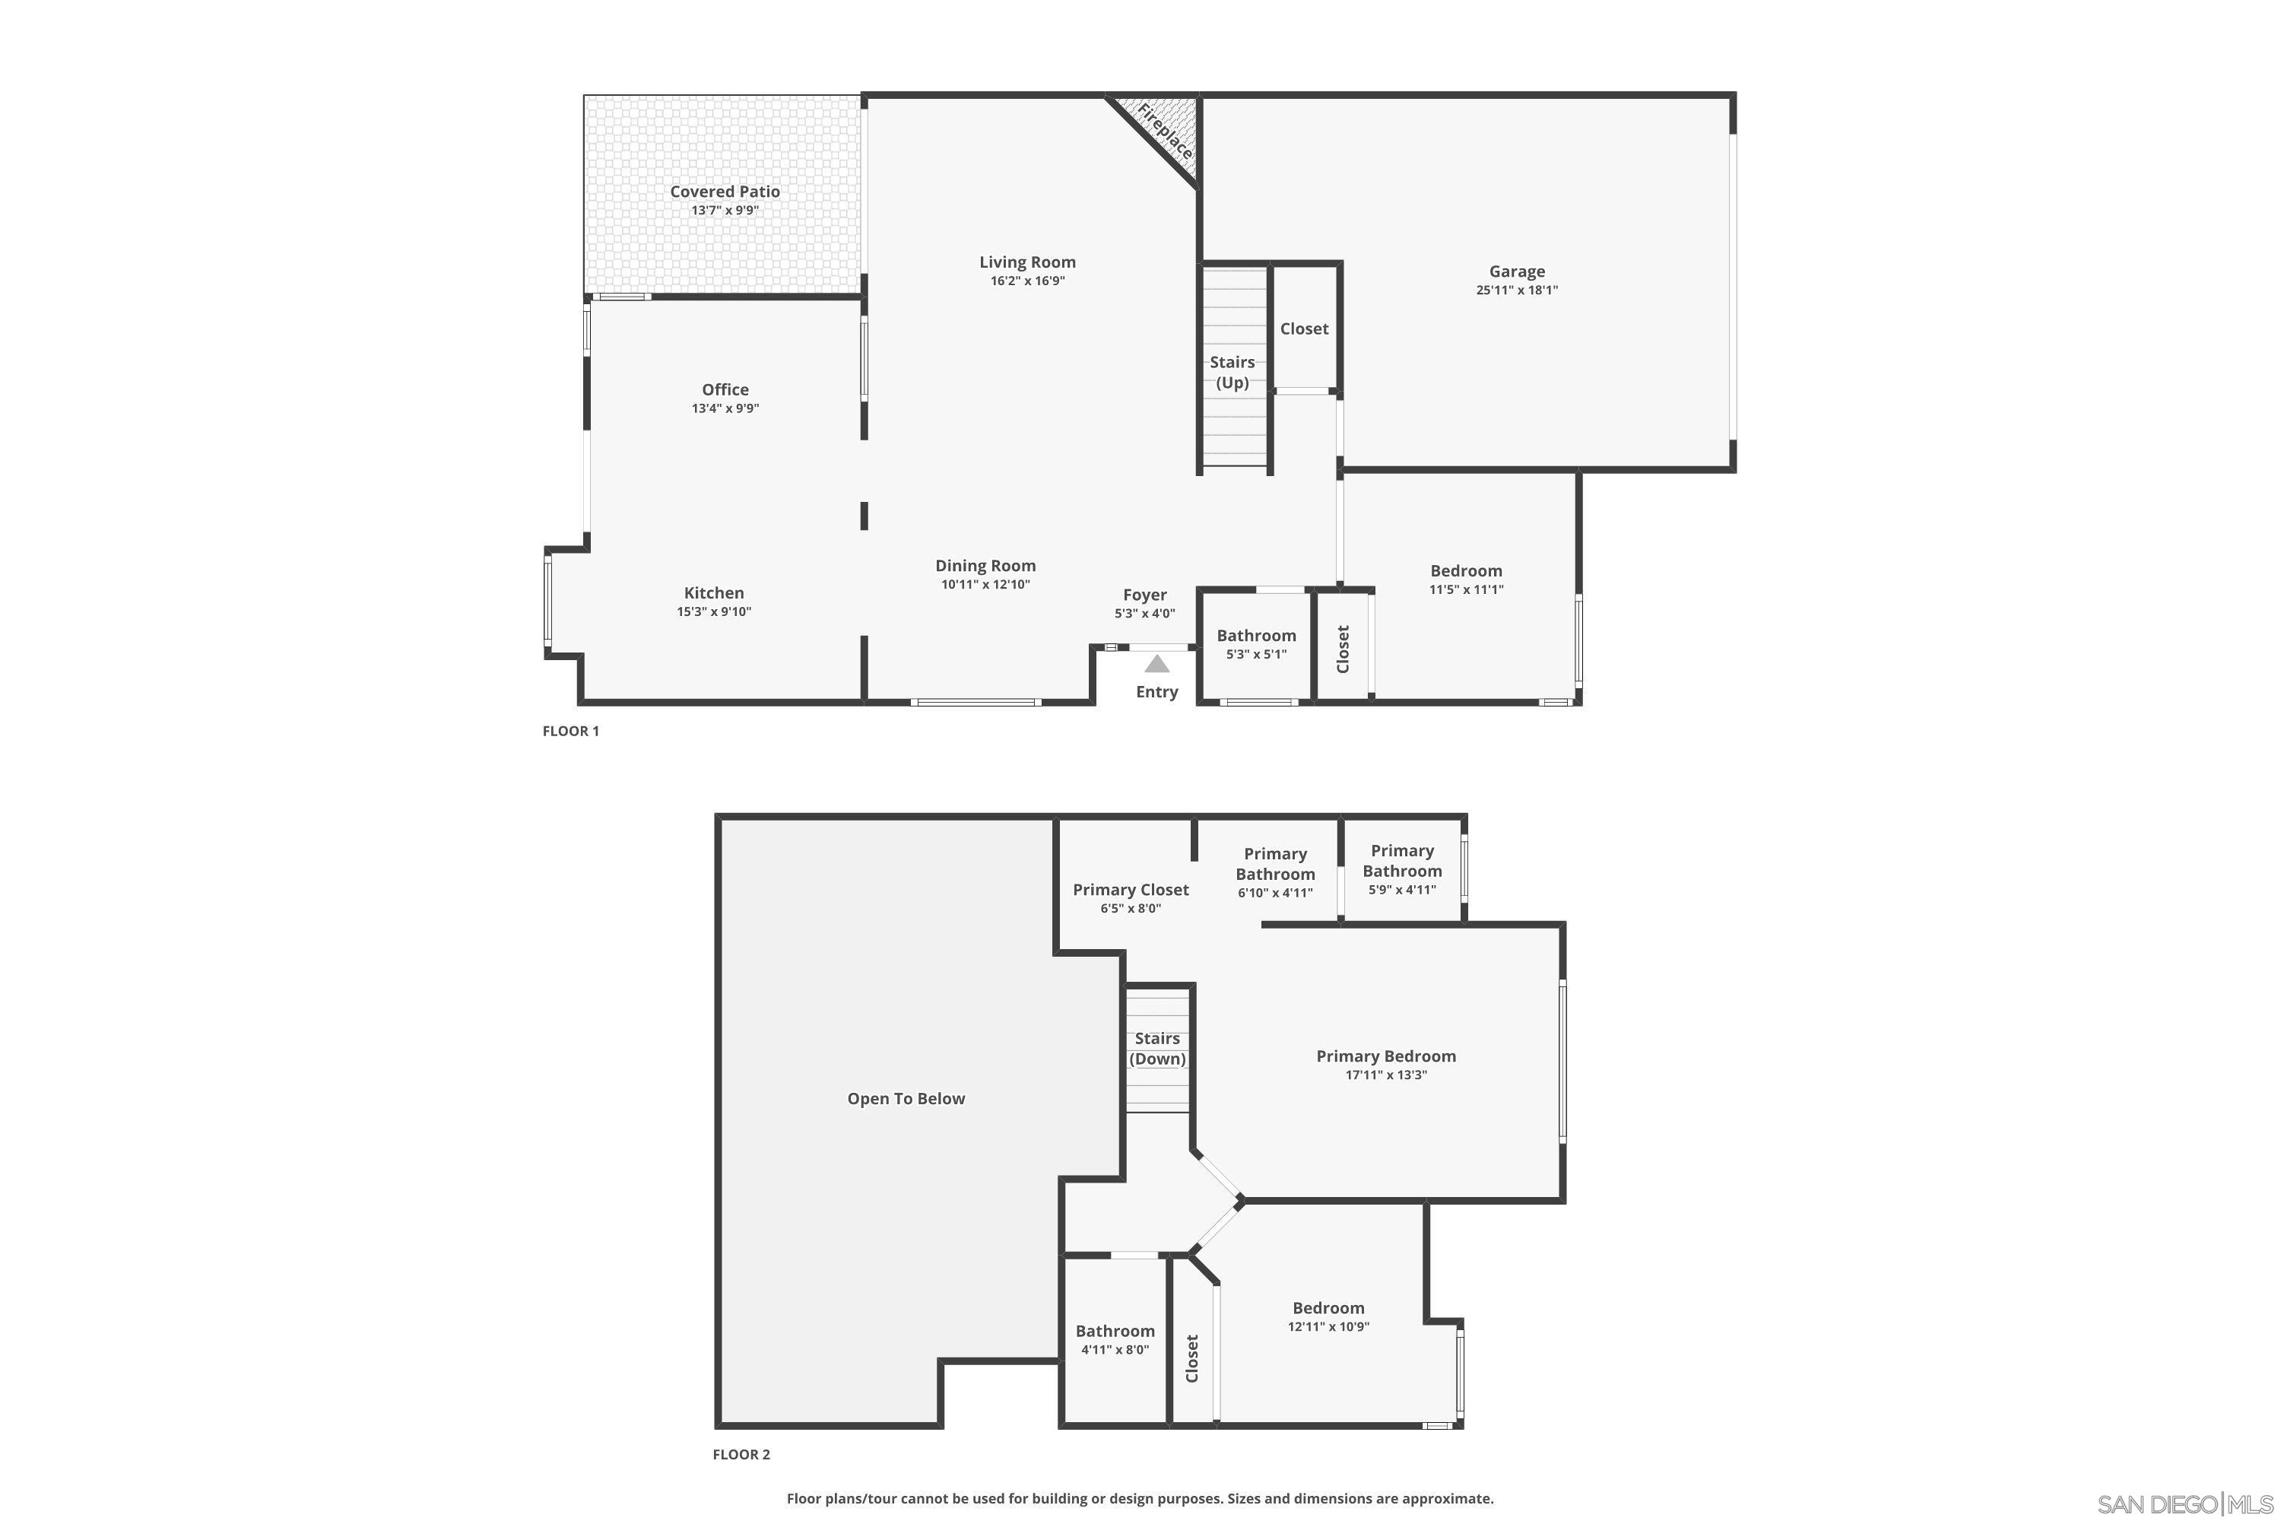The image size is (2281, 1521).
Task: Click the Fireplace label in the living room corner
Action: point(1165,132)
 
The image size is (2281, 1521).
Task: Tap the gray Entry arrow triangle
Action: point(1156,665)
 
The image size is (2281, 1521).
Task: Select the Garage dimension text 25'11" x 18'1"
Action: point(1517,290)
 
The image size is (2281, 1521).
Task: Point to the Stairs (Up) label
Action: point(1232,373)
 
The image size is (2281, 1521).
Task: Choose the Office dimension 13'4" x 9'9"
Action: point(725,408)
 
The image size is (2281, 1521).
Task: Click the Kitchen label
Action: point(714,592)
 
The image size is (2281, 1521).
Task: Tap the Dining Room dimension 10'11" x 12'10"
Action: point(985,585)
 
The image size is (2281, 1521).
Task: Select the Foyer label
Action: point(1144,595)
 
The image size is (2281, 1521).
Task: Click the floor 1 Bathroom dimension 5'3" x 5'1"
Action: point(1256,655)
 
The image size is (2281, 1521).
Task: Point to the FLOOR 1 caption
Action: point(570,732)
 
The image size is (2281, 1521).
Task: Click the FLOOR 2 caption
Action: point(741,1454)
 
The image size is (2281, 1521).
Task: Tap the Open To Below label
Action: point(906,1099)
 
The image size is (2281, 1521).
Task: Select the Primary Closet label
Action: point(1130,890)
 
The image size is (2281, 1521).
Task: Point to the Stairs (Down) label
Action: point(1157,1049)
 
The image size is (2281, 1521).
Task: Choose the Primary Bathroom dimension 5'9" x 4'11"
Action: point(1401,890)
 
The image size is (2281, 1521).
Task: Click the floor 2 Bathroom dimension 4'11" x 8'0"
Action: point(1115,1349)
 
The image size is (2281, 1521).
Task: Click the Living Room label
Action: point(1027,262)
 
